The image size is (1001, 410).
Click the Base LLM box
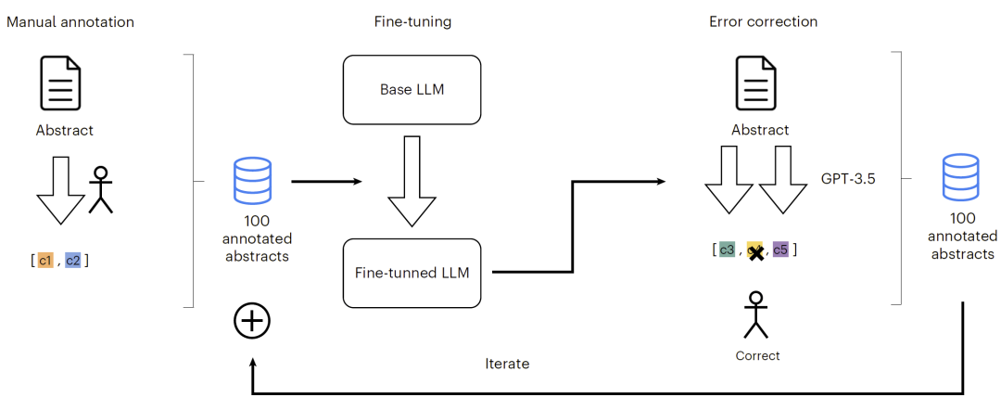(x=412, y=89)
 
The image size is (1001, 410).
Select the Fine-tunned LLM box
(x=412, y=274)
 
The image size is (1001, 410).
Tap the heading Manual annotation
(x=70, y=21)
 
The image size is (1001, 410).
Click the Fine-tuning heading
(x=412, y=21)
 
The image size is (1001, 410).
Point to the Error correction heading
(x=763, y=21)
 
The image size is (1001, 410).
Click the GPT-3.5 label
(x=848, y=179)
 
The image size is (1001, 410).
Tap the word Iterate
(x=507, y=364)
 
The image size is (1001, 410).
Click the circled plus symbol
(x=252, y=321)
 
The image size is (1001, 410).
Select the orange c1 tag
(x=44, y=260)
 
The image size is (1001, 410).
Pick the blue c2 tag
(x=73, y=260)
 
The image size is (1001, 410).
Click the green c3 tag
(x=727, y=250)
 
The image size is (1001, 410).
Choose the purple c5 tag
(x=780, y=250)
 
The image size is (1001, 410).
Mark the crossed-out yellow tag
(x=755, y=251)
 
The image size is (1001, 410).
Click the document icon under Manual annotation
(x=61, y=83)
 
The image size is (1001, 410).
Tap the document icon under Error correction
(x=756, y=83)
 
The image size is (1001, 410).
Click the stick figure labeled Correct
(x=756, y=314)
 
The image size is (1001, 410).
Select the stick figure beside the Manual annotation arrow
(x=100, y=189)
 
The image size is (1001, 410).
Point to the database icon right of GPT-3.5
(x=960, y=175)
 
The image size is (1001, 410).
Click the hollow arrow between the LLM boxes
(x=412, y=182)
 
